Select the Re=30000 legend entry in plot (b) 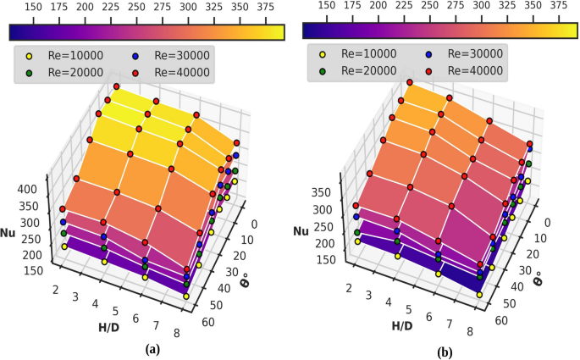(463, 53)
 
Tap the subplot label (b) (445, 349)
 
